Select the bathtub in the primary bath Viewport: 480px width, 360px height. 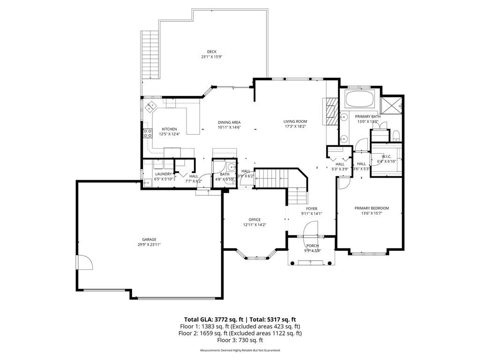click(x=359, y=99)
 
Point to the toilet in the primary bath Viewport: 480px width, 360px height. click(x=396, y=136)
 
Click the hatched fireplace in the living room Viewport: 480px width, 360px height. click(x=331, y=112)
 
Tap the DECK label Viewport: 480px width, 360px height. click(x=212, y=52)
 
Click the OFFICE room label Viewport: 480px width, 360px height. click(x=255, y=219)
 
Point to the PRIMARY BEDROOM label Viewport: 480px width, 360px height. click(x=372, y=208)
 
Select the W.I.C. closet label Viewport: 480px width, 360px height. click(x=387, y=157)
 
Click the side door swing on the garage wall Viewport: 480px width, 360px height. click(x=84, y=262)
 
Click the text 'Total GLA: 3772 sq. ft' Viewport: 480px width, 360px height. click(x=210, y=319)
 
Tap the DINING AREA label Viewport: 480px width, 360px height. click(x=229, y=122)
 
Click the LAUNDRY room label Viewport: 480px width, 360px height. click(x=163, y=173)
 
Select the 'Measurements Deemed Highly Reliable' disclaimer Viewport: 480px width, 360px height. click(x=240, y=351)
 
